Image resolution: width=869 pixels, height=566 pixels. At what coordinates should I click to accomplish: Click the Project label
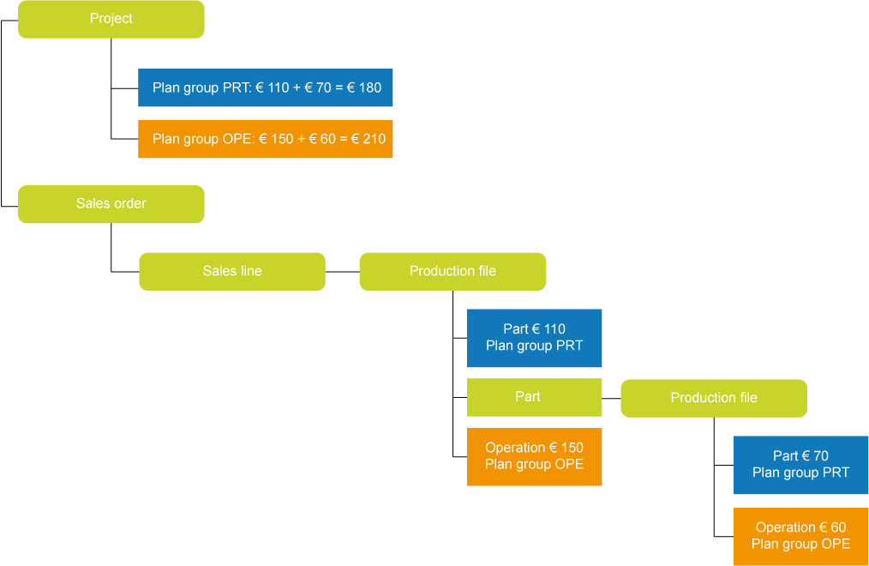(x=111, y=18)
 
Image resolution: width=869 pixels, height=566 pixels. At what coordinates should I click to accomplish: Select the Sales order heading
(x=111, y=203)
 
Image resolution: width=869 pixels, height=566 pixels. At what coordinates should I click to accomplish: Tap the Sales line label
(x=232, y=271)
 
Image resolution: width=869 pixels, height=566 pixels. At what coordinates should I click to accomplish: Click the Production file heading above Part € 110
(x=452, y=271)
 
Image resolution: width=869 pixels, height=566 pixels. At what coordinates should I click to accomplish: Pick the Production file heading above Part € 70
(x=714, y=398)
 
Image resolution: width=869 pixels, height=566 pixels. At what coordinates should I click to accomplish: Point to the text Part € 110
(x=534, y=329)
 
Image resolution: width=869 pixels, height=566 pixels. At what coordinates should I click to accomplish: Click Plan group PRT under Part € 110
(x=534, y=346)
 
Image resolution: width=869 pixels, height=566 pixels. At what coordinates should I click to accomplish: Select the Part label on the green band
(x=528, y=397)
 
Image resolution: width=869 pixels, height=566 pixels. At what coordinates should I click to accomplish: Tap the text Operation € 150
(x=534, y=448)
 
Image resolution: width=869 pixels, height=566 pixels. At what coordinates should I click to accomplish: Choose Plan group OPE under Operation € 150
(x=534, y=464)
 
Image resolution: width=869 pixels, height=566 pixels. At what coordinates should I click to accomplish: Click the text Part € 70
(x=800, y=456)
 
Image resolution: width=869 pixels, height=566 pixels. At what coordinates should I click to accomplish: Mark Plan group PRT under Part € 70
(x=800, y=473)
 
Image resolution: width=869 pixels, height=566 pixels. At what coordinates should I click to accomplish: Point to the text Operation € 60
(x=800, y=527)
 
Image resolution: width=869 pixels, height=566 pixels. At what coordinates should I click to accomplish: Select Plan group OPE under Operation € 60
(x=800, y=544)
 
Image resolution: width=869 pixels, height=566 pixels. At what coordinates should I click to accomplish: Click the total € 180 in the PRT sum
(x=364, y=87)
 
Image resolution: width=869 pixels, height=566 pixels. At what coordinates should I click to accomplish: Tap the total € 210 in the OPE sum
(x=369, y=139)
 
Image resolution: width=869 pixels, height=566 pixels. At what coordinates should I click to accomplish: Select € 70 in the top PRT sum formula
(x=318, y=87)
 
